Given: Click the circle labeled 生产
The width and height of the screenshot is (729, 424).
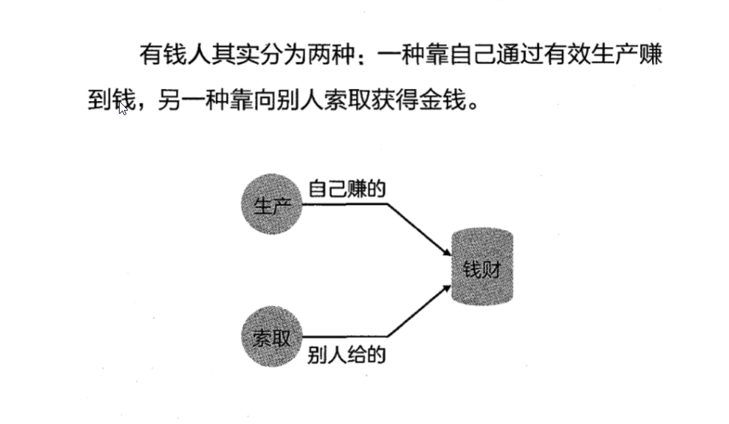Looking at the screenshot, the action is click(271, 204).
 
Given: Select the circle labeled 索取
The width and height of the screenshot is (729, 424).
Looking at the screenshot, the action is click(271, 338).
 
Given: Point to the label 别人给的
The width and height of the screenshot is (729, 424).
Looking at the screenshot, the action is click(346, 354).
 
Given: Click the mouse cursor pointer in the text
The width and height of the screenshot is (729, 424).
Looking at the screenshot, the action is click(123, 108).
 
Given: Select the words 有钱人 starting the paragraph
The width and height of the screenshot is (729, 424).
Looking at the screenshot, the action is click(175, 55).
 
